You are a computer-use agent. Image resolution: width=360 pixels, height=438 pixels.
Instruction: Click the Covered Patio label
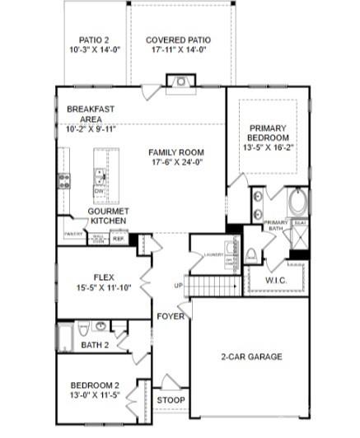178,40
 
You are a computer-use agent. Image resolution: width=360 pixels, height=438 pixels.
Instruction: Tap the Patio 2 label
95,40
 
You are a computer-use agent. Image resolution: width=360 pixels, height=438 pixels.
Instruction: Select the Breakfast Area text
91,114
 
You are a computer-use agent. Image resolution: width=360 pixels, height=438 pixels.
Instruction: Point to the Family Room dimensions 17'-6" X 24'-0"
176,162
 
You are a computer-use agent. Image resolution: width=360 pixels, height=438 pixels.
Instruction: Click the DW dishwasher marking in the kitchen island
99,190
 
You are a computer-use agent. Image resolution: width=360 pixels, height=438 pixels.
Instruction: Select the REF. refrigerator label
118,239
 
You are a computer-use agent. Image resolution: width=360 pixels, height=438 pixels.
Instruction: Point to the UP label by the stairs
178,285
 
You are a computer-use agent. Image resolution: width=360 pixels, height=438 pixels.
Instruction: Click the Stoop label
171,400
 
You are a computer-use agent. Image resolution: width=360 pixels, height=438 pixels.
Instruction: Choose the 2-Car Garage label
251,356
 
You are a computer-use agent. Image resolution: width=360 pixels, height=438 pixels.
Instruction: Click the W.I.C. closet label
276,280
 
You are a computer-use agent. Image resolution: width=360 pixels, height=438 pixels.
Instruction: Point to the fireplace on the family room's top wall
179,81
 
